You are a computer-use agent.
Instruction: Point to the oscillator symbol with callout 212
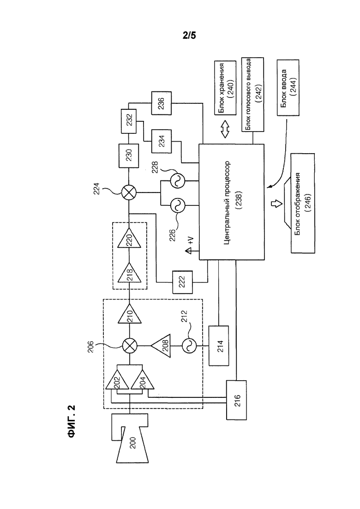click(x=189, y=346)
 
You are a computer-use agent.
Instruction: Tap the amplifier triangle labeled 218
click(x=129, y=273)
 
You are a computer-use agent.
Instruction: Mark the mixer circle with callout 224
click(x=129, y=193)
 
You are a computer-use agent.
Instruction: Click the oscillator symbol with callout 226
click(x=178, y=205)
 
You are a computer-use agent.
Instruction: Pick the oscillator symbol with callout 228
click(x=178, y=180)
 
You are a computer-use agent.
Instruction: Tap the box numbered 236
click(x=162, y=103)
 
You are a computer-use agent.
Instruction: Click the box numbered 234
click(x=162, y=141)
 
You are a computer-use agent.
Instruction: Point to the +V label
click(x=191, y=241)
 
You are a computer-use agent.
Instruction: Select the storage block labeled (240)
click(x=225, y=88)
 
